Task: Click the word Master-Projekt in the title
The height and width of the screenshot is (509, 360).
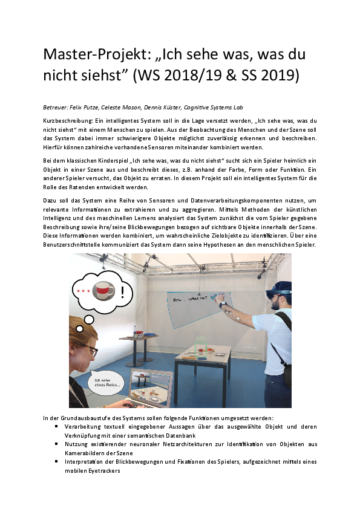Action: point(96,54)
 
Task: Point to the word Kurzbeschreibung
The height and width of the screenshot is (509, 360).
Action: point(68,121)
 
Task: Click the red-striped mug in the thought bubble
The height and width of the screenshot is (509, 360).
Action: point(103,291)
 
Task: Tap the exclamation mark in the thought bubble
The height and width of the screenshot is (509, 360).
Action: point(122,292)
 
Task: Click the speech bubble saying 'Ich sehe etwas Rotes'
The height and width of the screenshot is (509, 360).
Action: point(106,383)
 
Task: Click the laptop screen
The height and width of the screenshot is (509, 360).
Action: point(150,387)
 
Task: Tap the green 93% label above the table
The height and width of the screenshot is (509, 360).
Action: point(201,339)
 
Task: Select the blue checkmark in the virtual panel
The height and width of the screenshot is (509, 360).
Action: point(213,296)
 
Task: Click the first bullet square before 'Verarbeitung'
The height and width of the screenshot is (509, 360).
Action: point(56,427)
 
